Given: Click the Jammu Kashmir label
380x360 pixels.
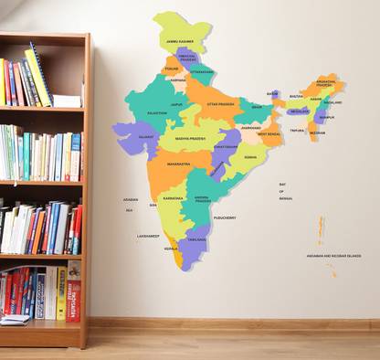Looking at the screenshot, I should (179, 42).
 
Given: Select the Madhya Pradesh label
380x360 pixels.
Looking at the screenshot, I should (191, 139).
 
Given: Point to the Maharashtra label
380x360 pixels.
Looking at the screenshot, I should (178, 164).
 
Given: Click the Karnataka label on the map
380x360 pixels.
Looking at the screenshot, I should (173, 197).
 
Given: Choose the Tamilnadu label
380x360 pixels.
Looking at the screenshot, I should (197, 239).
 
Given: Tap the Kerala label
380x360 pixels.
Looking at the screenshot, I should (171, 249).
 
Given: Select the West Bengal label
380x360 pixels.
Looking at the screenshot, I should (269, 134).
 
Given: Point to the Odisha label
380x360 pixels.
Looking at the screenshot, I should (249, 157).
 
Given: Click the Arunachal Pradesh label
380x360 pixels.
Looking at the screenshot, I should (325, 83).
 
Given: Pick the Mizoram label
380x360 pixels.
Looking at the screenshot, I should (316, 132).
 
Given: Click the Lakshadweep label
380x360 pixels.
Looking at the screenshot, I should (148, 236).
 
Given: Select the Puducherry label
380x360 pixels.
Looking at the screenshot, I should (225, 217).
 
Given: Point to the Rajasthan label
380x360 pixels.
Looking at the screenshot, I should (156, 113).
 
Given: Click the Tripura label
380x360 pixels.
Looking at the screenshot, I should (298, 131).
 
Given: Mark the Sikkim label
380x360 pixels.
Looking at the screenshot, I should (272, 93).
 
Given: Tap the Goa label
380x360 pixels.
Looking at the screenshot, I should (153, 205).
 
